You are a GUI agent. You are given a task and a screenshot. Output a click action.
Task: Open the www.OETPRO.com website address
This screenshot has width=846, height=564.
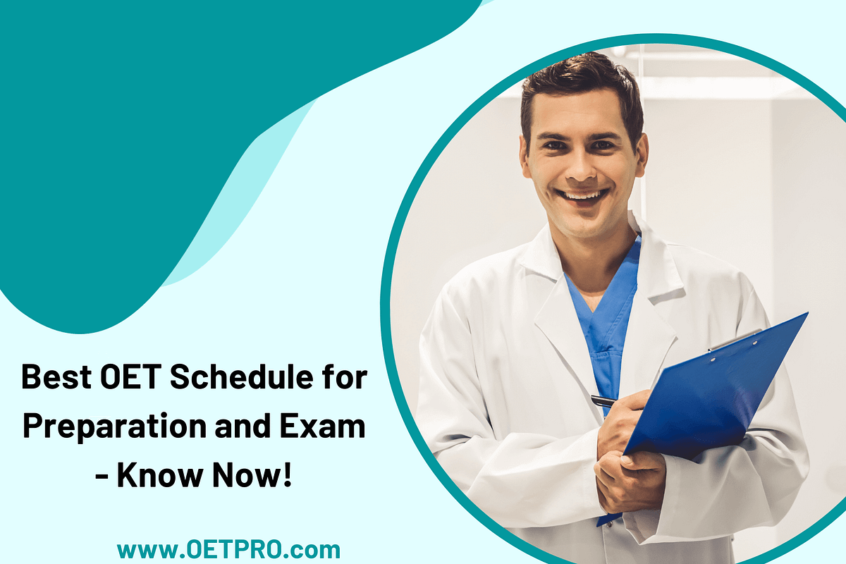tap(228, 549)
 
